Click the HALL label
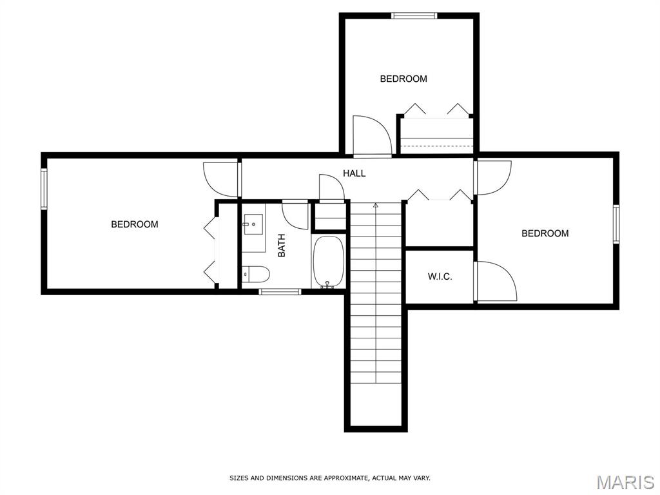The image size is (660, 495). (x=354, y=173)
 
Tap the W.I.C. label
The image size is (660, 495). (x=440, y=277)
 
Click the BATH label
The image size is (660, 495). (x=282, y=246)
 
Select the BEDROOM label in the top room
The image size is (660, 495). (x=403, y=79)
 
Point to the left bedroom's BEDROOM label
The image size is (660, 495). (x=135, y=224)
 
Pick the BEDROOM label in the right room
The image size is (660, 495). (x=545, y=233)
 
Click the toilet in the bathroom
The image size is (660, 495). (x=256, y=275)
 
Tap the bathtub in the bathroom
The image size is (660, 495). (x=328, y=262)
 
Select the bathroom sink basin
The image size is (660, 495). (x=253, y=224)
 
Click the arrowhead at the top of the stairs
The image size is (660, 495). (x=376, y=205)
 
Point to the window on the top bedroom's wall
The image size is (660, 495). (x=414, y=16)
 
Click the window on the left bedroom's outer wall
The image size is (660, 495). (x=44, y=188)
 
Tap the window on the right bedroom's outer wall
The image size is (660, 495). (x=616, y=224)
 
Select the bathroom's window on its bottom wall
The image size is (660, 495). (x=280, y=291)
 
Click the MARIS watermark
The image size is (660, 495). (x=625, y=482)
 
